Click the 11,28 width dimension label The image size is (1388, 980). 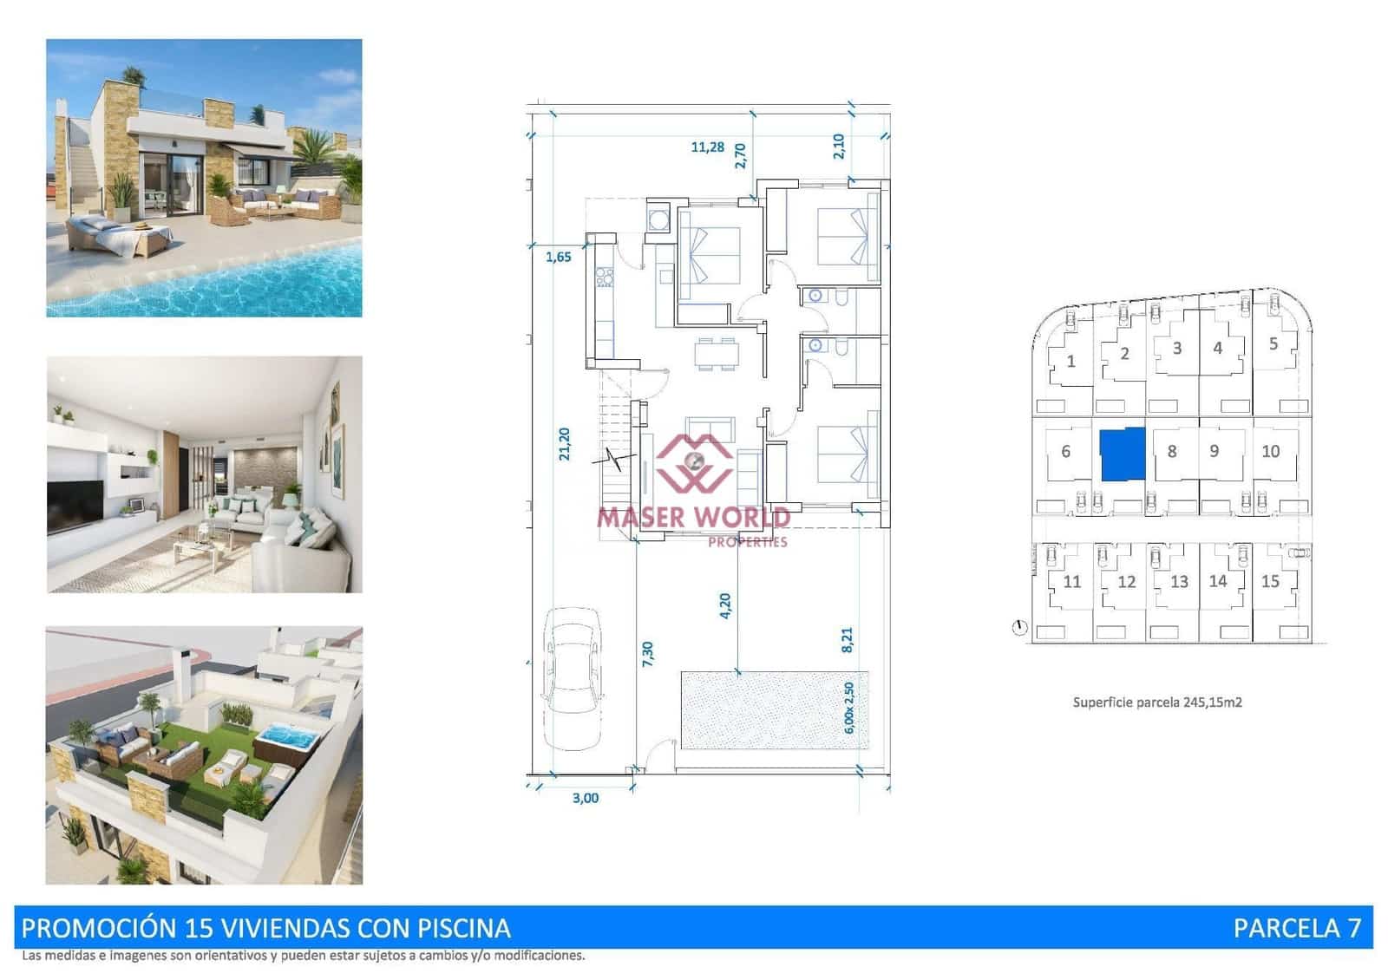click(707, 147)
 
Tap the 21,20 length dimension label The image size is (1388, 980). click(565, 444)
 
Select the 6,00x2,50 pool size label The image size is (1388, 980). click(849, 708)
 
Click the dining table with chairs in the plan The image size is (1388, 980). click(717, 354)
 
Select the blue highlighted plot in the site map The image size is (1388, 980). click(1123, 454)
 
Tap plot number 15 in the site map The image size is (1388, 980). click(1270, 581)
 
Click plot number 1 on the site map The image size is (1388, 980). click(1070, 361)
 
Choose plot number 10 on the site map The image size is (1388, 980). click(1270, 451)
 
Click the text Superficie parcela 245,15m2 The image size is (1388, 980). click(1157, 702)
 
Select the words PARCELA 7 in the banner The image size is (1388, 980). click(1297, 928)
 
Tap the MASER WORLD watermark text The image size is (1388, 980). click(693, 518)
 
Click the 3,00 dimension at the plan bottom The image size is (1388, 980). click(586, 798)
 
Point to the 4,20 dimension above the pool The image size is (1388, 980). click(725, 604)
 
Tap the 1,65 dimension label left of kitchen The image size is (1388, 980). click(558, 257)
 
